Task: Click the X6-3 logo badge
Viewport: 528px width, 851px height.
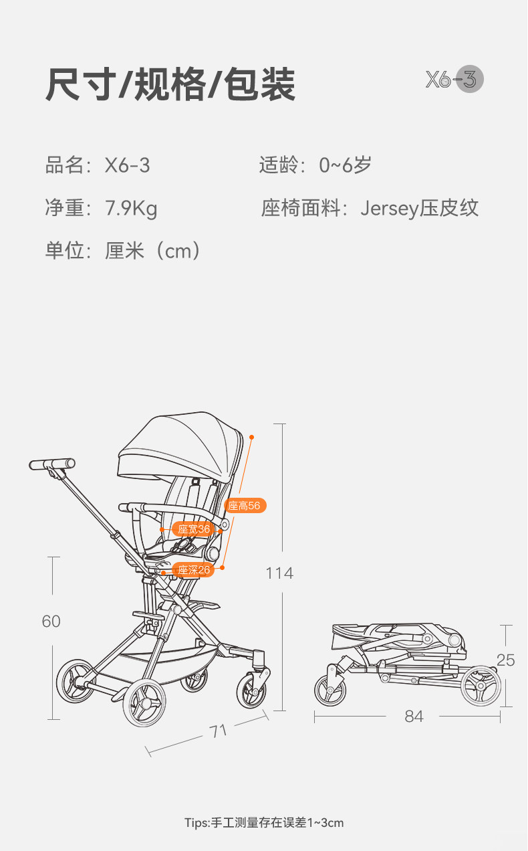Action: point(454,80)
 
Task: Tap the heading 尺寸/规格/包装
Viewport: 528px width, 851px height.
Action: point(170,85)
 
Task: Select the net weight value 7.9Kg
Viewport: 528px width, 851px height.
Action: point(131,208)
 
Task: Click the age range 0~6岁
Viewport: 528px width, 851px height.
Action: point(345,165)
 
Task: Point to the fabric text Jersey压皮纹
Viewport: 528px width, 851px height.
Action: point(420,208)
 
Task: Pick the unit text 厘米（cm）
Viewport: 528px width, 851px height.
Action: point(153,251)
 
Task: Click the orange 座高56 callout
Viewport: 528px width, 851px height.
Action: point(245,506)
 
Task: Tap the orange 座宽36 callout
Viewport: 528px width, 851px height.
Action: point(194,529)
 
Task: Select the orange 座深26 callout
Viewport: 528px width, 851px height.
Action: point(194,570)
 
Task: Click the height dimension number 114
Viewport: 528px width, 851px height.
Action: point(279,573)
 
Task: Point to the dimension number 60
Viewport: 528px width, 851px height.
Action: point(51,622)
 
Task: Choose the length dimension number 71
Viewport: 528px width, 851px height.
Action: point(219,731)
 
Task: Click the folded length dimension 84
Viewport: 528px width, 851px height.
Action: point(414,717)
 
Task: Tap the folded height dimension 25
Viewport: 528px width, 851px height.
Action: point(506,660)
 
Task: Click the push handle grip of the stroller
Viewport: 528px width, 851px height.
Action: point(52,464)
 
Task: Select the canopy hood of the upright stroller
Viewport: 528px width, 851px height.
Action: point(180,445)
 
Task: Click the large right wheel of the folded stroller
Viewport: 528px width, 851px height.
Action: point(481,684)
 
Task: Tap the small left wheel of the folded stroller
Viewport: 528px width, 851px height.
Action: point(330,690)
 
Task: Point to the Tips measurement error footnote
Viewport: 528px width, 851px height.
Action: point(264,823)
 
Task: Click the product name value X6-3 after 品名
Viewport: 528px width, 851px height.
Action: point(128,165)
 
